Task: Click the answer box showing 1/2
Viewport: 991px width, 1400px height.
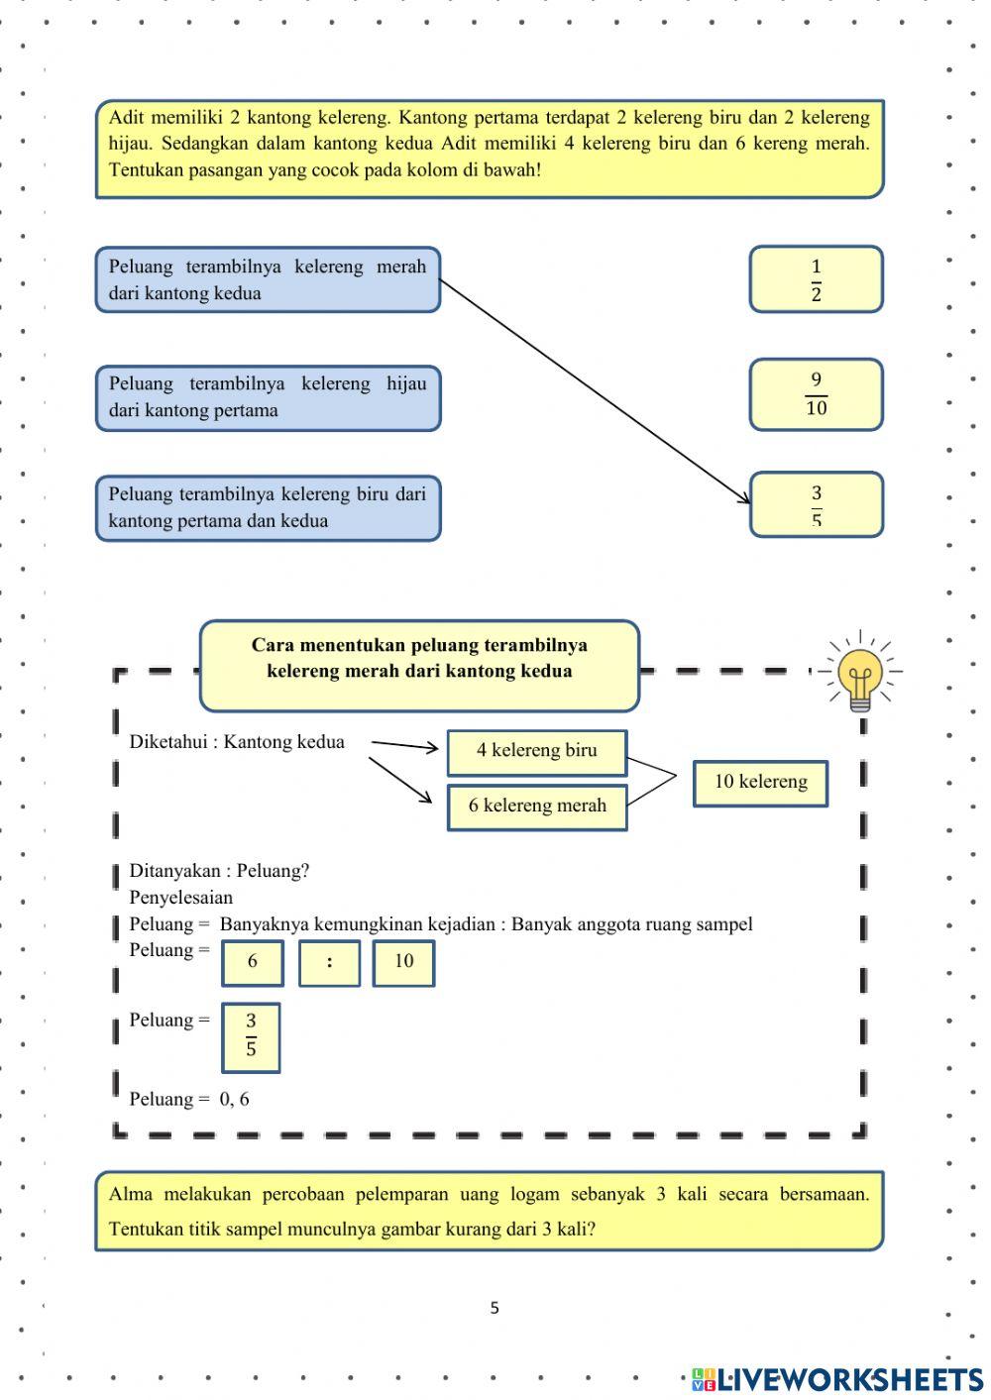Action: click(816, 279)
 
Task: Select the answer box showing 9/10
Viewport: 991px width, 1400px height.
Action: click(816, 394)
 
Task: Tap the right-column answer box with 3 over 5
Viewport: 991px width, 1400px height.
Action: click(816, 504)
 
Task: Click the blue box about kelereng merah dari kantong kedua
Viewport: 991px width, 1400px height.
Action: click(268, 279)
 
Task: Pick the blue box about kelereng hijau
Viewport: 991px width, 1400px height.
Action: click(268, 397)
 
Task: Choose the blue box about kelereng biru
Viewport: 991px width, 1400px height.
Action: click(268, 507)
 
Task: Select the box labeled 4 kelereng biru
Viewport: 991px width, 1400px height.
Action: click(536, 751)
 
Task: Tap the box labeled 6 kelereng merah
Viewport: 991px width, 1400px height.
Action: click(536, 807)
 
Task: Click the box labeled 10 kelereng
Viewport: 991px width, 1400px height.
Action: click(760, 783)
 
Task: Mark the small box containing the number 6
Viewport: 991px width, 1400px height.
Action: click(252, 962)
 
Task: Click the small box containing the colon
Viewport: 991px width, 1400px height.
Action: click(329, 962)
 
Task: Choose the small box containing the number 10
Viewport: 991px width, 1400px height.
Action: click(403, 962)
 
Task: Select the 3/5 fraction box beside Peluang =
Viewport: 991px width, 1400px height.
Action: click(251, 1036)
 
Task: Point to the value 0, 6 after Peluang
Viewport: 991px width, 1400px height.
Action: click(234, 1099)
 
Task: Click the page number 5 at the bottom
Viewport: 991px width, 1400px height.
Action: click(495, 1308)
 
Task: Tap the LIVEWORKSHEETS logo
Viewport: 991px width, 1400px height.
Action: click(837, 1378)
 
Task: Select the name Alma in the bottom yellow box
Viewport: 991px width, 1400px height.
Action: click(130, 1194)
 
